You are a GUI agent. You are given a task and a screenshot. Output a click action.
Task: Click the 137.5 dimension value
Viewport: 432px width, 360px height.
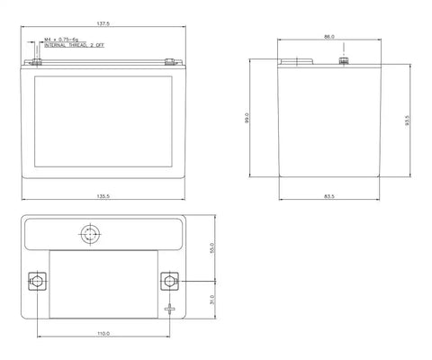pos(103,23)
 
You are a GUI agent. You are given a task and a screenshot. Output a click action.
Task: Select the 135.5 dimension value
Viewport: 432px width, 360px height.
pos(103,196)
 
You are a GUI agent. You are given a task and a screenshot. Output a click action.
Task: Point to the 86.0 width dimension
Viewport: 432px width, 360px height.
pos(329,37)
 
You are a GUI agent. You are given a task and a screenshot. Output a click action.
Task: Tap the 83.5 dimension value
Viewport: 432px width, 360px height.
pos(329,196)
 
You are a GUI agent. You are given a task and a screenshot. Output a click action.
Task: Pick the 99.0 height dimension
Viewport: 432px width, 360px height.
pos(247,118)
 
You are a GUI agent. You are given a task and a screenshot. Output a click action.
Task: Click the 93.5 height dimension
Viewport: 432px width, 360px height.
pos(407,121)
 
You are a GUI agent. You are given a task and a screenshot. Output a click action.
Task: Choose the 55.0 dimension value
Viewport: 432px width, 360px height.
pos(212,248)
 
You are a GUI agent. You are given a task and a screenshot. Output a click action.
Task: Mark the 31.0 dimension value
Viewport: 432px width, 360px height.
pos(212,300)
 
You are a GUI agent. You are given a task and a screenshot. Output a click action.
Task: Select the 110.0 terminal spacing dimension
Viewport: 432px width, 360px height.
pos(103,333)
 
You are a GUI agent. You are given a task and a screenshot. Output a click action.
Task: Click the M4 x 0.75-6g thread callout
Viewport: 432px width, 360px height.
pos(61,40)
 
